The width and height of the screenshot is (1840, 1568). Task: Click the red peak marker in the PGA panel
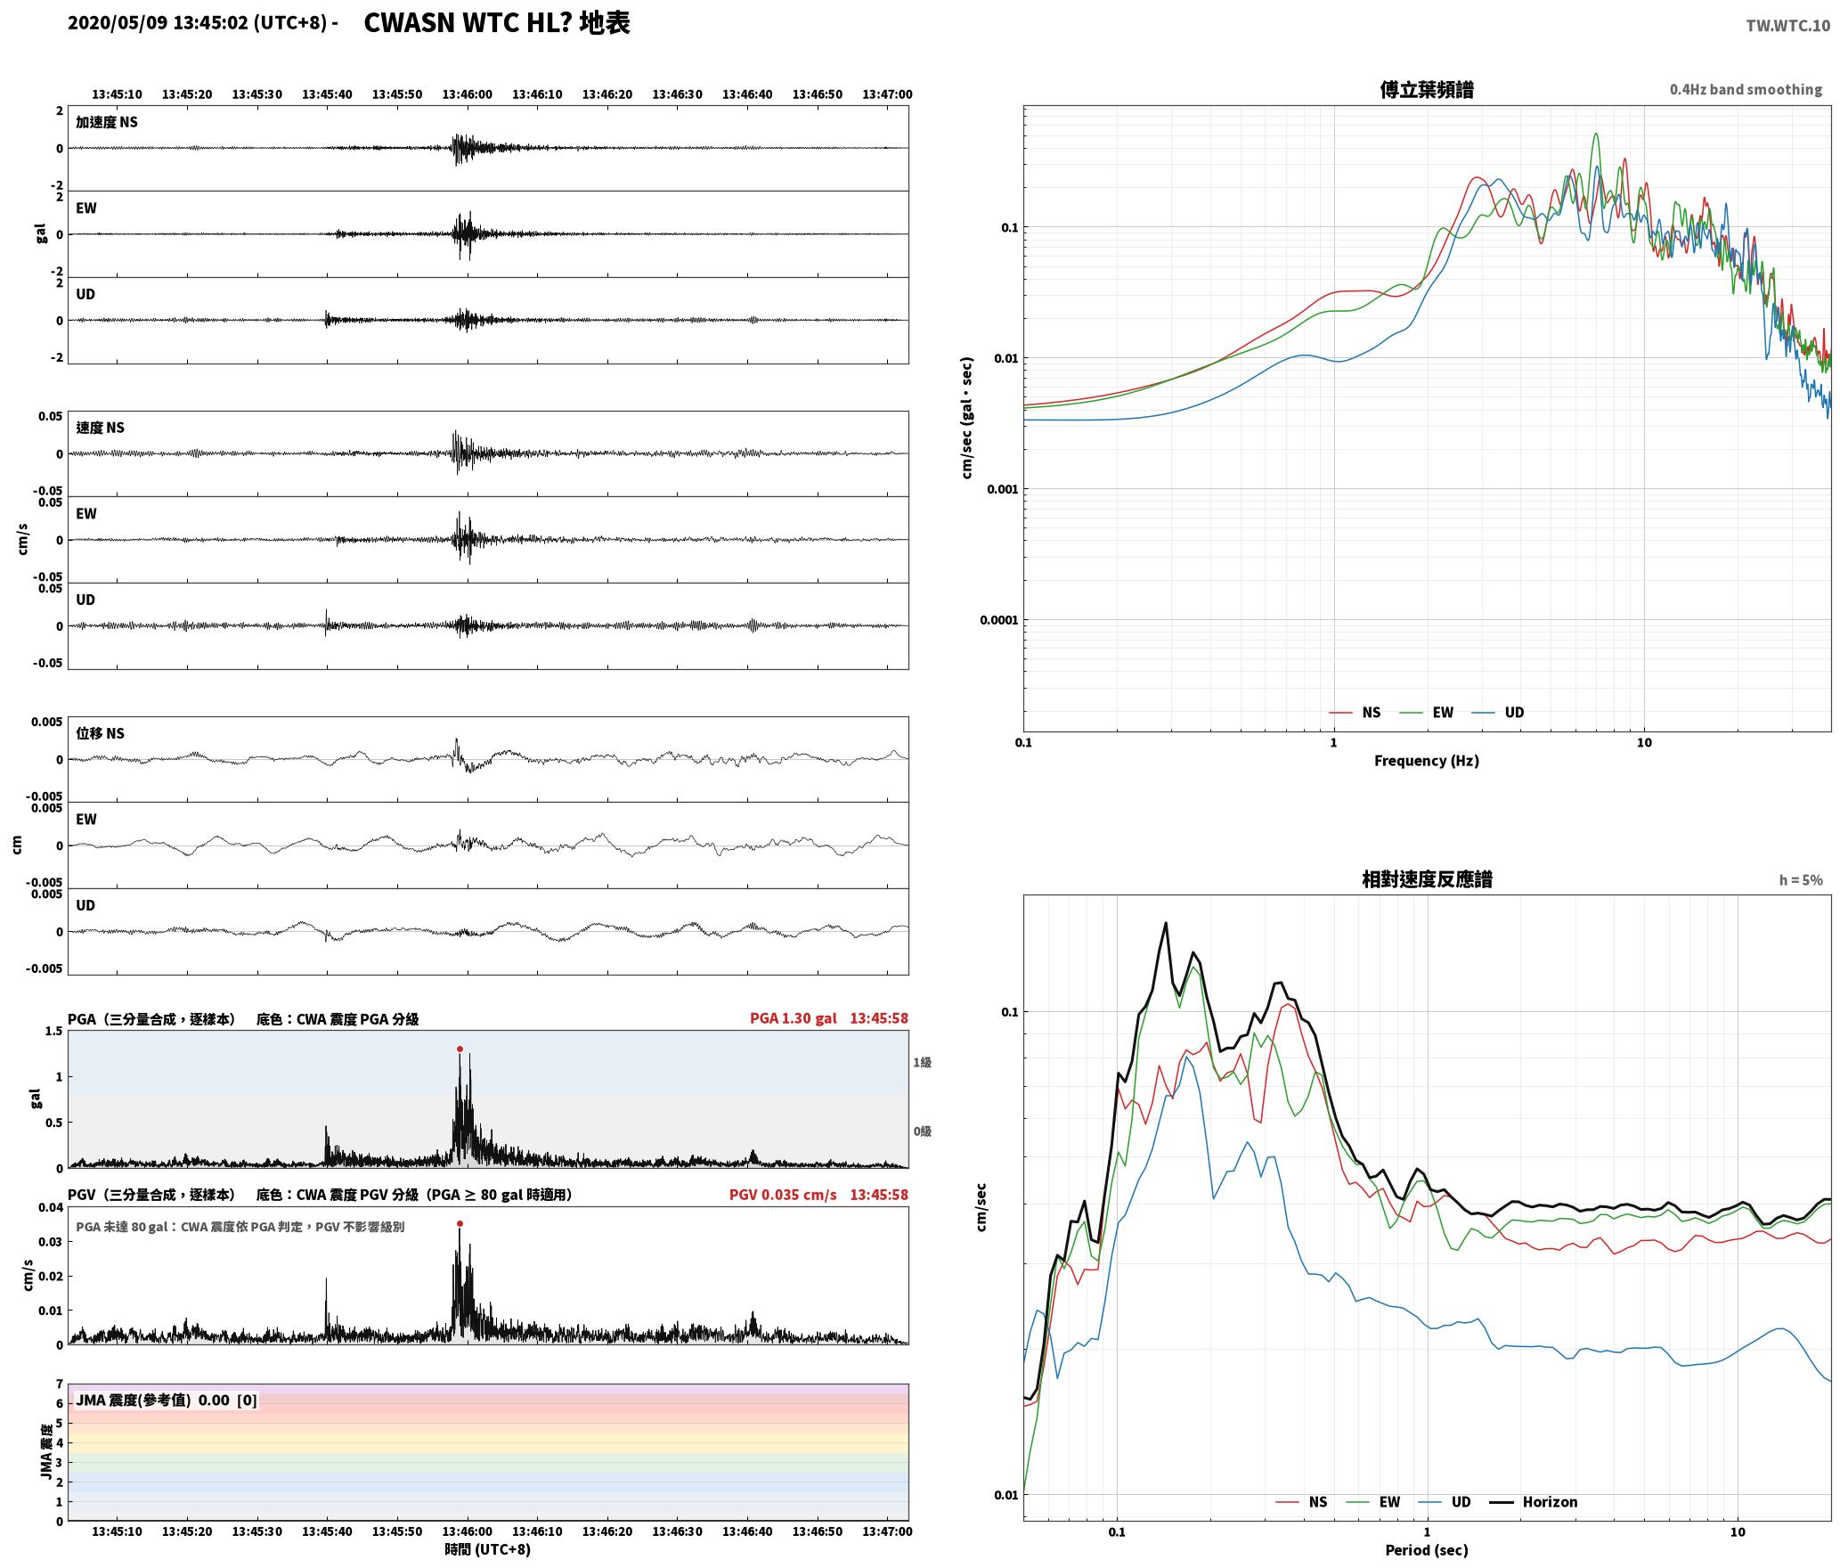click(x=460, y=1049)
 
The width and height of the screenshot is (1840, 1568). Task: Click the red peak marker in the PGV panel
click(x=460, y=1223)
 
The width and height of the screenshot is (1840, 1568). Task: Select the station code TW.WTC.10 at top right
click(x=1787, y=25)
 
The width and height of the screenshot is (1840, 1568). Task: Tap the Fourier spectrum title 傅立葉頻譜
click(x=1427, y=89)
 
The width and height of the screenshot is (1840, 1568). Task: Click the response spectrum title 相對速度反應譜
click(x=1427, y=878)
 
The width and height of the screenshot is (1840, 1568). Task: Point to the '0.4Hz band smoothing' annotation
click(x=1746, y=89)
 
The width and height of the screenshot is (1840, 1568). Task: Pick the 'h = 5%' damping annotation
click(x=1801, y=879)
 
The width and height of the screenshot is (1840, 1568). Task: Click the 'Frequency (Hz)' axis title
click(x=1426, y=760)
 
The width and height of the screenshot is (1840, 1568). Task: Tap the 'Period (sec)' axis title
click(x=1426, y=1549)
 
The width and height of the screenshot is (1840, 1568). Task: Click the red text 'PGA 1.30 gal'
click(x=793, y=1017)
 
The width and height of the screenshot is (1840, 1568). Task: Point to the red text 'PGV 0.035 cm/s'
click(x=782, y=1194)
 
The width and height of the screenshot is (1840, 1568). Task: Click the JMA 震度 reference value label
click(x=167, y=1400)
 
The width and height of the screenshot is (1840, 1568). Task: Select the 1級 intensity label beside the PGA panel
click(x=922, y=1062)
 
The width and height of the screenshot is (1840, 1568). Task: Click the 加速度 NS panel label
click(x=107, y=122)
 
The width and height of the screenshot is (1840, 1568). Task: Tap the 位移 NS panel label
click(x=101, y=732)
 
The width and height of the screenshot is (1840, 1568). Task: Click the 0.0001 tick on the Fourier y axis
click(x=998, y=620)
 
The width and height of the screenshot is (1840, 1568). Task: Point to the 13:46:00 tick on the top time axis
click(x=467, y=94)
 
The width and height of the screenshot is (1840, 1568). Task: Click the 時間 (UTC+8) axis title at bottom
click(x=487, y=1549)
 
